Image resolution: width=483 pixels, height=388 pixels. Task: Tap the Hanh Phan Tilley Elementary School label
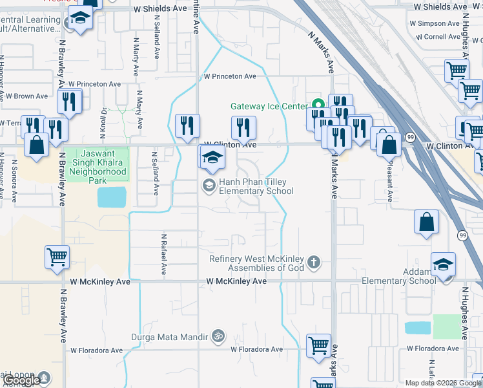coord(256,187)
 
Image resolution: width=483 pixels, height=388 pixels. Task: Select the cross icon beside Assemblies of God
coord(314,263)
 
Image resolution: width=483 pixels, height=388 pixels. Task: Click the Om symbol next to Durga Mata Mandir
coord(218,336)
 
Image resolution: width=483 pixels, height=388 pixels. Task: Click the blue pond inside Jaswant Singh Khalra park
coord(112,197)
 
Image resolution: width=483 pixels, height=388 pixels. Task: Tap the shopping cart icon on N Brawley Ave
coord(57,257)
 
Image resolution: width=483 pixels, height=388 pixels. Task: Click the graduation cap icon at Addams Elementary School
coord(444,264)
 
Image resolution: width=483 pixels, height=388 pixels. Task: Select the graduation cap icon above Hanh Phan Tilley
coord(212,156)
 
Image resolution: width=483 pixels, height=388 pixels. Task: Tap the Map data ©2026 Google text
coord(443,383)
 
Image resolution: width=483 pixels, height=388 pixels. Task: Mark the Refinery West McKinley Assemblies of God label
coord(256,263)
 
